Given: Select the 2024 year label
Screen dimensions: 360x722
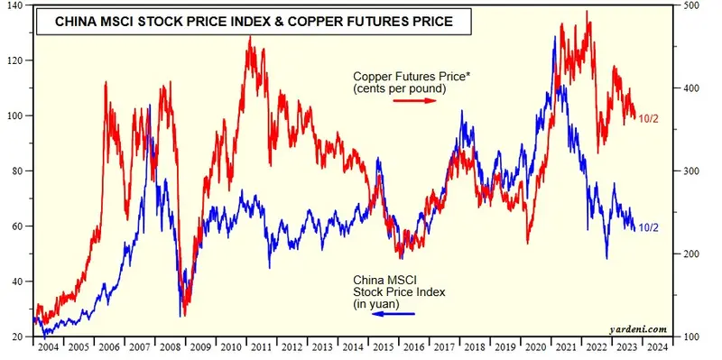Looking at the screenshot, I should [x=657, y=347].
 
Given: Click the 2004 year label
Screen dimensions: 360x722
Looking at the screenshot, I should [x=47, y=347].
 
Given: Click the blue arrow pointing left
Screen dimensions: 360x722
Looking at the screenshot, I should [x=388, y=314].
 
